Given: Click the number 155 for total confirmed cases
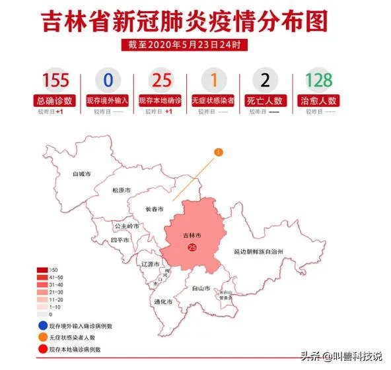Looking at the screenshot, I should pyautogui.click(x=55, y=80).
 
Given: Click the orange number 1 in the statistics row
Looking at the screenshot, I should pyautogui.click(x=213, y=80).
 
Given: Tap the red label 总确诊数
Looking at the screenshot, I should pyautogui.click(x=55, y=101).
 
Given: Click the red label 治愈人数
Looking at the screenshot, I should pyautogui.click(x=318, y=101).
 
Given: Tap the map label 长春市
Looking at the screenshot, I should pyautogui.click(x=155, y=210).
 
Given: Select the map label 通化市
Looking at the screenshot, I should pyautogui.click(x=162, y=302).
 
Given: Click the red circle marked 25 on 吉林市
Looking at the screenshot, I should pyautogui.click(x=192, y=247).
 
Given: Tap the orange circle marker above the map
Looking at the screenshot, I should pyautogui.click(x=219, y=152).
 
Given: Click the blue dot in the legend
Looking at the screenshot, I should pyautogui.click(x=42, y=325).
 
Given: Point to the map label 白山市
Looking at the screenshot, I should pyautogui.click(x=200, y=289).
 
